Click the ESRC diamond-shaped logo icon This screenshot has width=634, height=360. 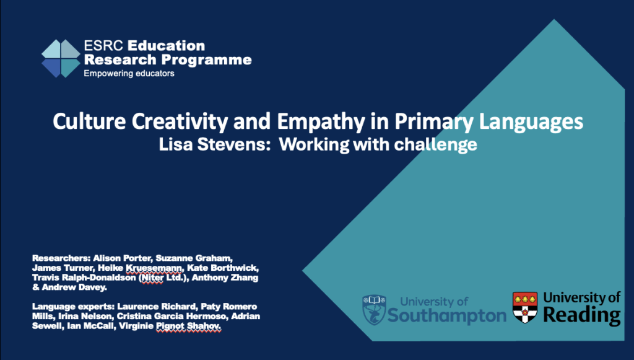[61, 58]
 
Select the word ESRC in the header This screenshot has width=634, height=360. [103, 46]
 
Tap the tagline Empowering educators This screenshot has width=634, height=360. [129, 74]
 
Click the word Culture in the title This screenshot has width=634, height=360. [89, 121]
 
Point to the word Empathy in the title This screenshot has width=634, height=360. [320, 121]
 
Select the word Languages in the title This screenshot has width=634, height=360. [531, 122]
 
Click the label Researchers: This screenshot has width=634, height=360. [61, 258]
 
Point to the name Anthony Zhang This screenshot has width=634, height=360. [225, 278]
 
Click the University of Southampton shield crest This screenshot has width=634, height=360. [374, 309]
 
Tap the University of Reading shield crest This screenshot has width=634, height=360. [525, 307]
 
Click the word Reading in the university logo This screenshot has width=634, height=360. [582, 315]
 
